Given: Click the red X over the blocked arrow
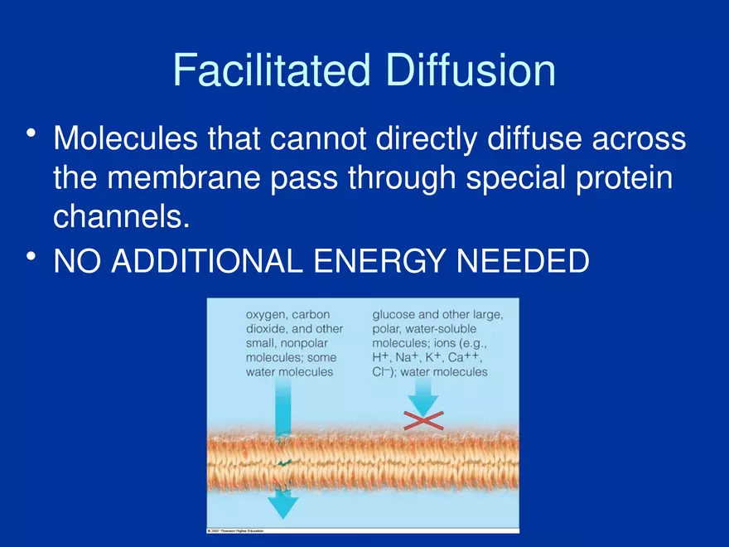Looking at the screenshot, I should coord(423,420).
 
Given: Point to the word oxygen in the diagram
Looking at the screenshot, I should coord(267,316).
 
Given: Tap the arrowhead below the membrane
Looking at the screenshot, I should coord(282,505).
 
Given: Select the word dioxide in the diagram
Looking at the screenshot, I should coord(265,329).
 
